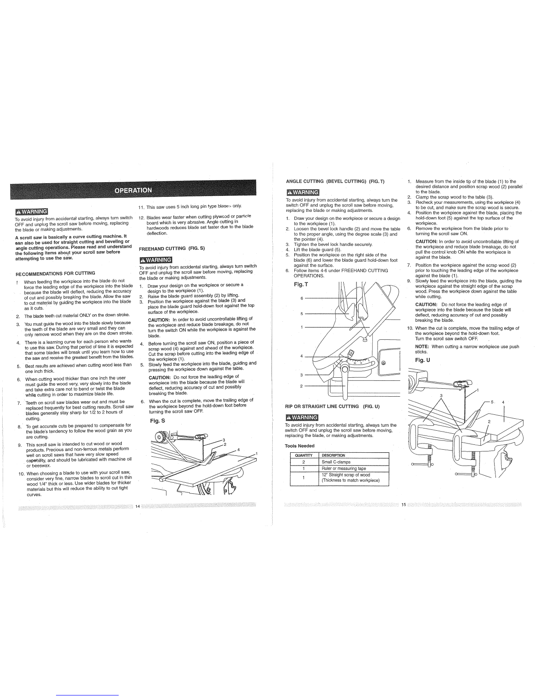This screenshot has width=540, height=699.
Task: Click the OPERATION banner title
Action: tap(133, 190)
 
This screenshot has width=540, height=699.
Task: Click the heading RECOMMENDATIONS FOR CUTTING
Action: tap(56, 273)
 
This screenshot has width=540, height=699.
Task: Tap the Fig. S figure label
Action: tap(157, 421)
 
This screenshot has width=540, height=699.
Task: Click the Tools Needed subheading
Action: tap(300, 446)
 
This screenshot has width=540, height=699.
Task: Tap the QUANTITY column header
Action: tap(304, 455)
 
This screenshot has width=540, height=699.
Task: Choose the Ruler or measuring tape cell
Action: tap(344, 469)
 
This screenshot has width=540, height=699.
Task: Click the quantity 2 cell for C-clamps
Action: tap(304, 462)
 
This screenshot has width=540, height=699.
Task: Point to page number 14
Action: tap(137, 506)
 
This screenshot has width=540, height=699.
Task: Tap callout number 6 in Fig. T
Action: tap(302, 299)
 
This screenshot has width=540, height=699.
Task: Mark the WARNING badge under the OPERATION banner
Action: tap(31, 210)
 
